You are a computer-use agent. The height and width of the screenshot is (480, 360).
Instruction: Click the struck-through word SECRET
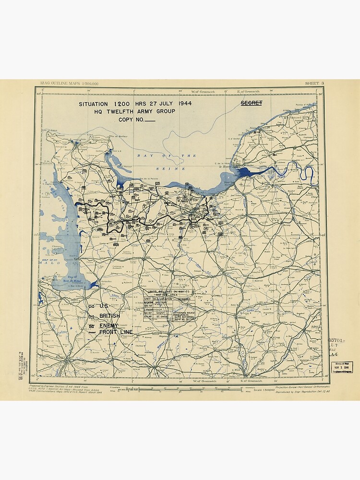pos(251,103)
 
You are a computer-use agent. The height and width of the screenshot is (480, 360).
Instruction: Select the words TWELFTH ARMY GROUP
pos(142,111)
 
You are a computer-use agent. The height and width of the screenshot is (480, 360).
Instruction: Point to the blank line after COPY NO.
pos(149,120)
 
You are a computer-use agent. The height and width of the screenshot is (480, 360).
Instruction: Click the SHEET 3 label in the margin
pos(314,84)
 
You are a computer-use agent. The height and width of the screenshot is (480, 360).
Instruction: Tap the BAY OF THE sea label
pos(167,156)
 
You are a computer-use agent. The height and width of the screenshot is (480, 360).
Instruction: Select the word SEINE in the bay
pos(166,168)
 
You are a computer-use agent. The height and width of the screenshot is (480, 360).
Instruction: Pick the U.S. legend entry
pos(104,306)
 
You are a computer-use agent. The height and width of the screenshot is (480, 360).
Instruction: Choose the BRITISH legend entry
pos(110,315)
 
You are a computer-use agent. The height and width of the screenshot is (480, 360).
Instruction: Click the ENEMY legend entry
pos(108,325)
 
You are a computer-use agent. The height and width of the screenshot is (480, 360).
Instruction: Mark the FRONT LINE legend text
pos(116,332)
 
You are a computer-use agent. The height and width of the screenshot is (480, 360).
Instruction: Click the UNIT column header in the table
pos(147,299)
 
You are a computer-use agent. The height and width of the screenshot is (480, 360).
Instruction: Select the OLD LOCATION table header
pos(162,299)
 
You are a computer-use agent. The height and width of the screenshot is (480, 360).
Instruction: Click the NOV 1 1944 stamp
pos(341,368)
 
